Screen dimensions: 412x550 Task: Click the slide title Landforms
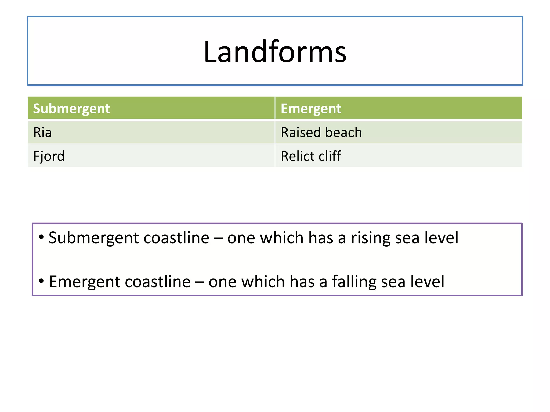(275, 51)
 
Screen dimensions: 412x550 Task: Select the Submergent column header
(71, 109)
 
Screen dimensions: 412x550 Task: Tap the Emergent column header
(311, 109)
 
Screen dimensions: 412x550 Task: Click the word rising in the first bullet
(371, 238)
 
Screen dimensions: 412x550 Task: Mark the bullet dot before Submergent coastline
(41, 237)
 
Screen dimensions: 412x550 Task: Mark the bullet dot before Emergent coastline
(41, 281)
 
